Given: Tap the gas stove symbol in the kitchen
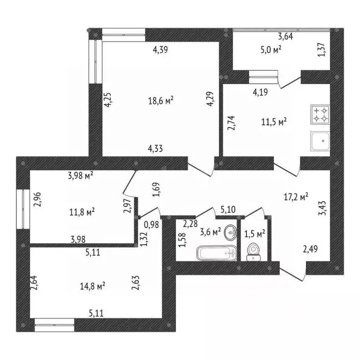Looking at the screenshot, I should point(321,114).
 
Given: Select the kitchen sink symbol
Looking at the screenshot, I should point(321,141).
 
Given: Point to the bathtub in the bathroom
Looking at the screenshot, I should point(215,254).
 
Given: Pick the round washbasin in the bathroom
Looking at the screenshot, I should point(230,232).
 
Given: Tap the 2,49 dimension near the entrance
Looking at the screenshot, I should point(311,248).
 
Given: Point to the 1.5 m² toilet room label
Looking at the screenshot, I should point(255,232).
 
